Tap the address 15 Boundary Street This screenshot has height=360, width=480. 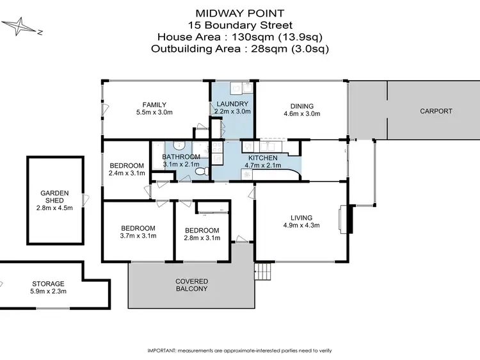240,25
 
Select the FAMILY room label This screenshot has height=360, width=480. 155,105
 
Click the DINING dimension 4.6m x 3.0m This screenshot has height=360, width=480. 302,113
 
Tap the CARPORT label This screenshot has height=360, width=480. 436,111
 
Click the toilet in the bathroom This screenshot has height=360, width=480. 200,172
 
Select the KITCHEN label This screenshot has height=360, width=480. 262,158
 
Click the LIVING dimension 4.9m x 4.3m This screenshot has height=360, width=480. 301,225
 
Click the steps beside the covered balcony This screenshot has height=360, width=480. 263,272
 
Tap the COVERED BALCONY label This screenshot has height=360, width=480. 191,284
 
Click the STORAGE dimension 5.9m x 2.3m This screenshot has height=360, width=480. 49,291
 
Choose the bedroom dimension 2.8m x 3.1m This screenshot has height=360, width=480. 202,238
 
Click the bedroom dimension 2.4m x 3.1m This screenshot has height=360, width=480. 126,173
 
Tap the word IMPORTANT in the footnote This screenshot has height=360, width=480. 163,351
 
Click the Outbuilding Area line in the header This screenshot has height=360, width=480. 240,47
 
